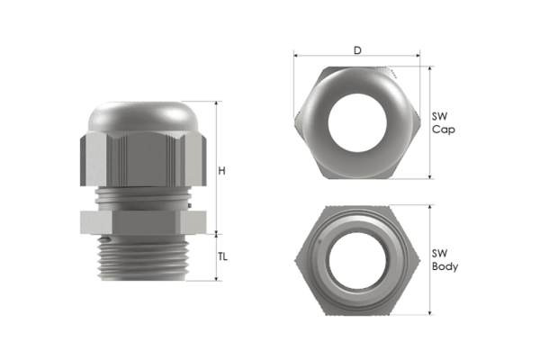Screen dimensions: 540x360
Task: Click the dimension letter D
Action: point(357,50)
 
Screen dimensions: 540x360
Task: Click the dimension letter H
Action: point(221,170)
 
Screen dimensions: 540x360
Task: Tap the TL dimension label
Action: point(222,256)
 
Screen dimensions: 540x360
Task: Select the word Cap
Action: point(443,130)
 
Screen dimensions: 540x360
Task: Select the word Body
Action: point(445,267)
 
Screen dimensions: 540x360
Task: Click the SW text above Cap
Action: point(439,116)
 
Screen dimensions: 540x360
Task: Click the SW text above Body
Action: point(439,254)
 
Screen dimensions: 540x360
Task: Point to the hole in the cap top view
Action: point(357,123)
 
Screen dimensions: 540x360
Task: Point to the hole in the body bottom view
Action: point(356,261)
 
